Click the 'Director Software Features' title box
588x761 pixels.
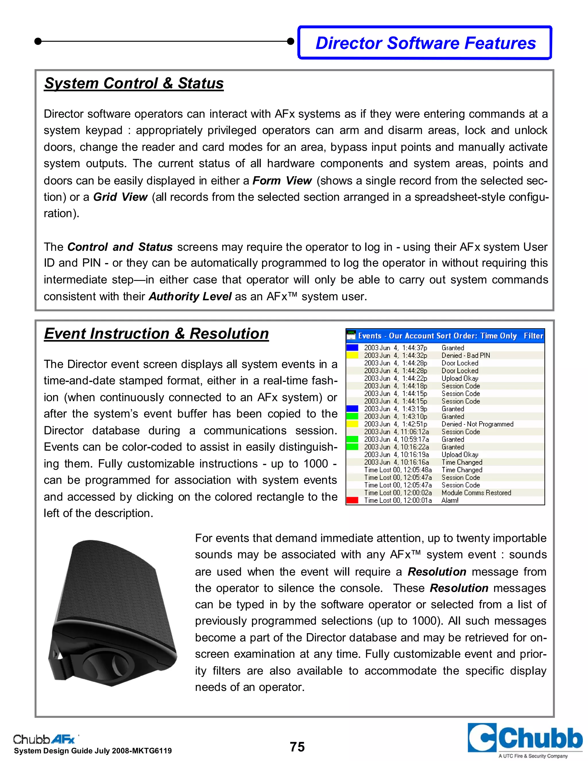pyautogui.click(x=425, y=43)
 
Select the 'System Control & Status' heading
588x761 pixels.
pyautogui.click(x=134, y=84)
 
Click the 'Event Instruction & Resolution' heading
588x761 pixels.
pyautogui.click(x=156, y=334)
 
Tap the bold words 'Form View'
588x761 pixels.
pyautogui.click(x=282, y=181)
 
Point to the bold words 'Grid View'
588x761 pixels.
pyautogui.click(x=121, y=197)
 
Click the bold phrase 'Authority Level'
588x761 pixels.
pyautogui.click(x=190, y=297)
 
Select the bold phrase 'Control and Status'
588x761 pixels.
pyautogui.click(x=120, y=247)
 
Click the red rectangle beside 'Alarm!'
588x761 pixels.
pyautogui.click(x=352, y=500)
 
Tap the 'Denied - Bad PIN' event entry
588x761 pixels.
pyautogui.click(x=465, y=356)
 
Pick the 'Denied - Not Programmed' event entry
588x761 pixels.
pyautogui.click(x=477, y=424)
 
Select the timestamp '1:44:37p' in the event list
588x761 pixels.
pyautogui.click(x=415, y=348)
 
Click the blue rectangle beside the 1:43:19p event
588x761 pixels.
pyautogui.click(x=352, y=409)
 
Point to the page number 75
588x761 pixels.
pyautogui.click(x=297, y=747)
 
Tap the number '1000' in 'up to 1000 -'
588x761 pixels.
pyautogui.click(x=316, y=464)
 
